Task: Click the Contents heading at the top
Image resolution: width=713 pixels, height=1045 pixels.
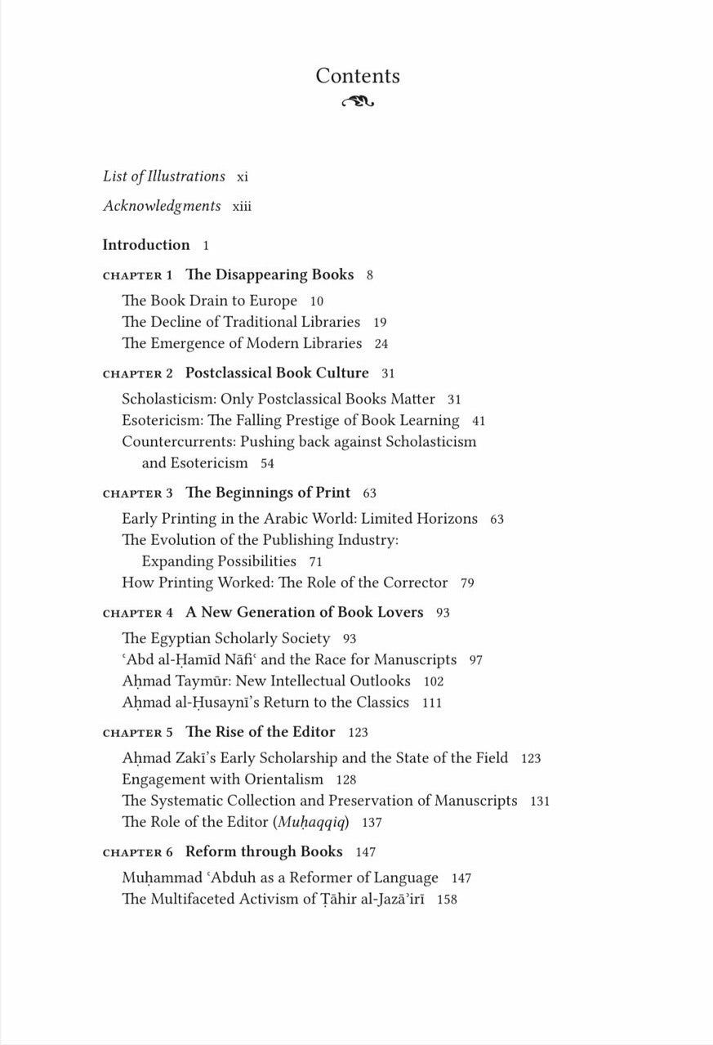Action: pos(358,76)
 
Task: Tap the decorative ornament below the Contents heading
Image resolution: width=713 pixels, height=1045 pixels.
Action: pos(358,102)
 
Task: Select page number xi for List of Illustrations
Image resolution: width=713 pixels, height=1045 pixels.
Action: pos(242,177)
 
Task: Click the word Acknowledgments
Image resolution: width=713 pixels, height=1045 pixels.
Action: pos(162,206)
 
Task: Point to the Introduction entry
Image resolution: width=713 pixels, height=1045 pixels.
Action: pos(146,245)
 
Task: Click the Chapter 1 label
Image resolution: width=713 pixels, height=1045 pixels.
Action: pos(137,275)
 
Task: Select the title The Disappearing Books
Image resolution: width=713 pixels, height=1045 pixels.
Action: pos(270,275)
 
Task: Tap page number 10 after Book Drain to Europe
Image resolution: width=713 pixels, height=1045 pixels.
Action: pos(317,301)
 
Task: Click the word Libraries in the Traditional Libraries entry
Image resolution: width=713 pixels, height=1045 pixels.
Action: pos(331,322)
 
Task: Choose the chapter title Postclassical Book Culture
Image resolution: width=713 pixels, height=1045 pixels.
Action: pos(277,373)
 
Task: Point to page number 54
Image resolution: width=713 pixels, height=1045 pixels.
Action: pos(267,464)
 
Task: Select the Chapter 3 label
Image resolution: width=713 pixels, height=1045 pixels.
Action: pos(137,493)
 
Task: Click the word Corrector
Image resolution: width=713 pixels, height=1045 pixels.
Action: pos(416,583)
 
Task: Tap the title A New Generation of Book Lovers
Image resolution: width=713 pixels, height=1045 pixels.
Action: pos(304,612)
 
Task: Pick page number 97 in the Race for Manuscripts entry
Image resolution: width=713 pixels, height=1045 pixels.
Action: pos(476,660)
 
